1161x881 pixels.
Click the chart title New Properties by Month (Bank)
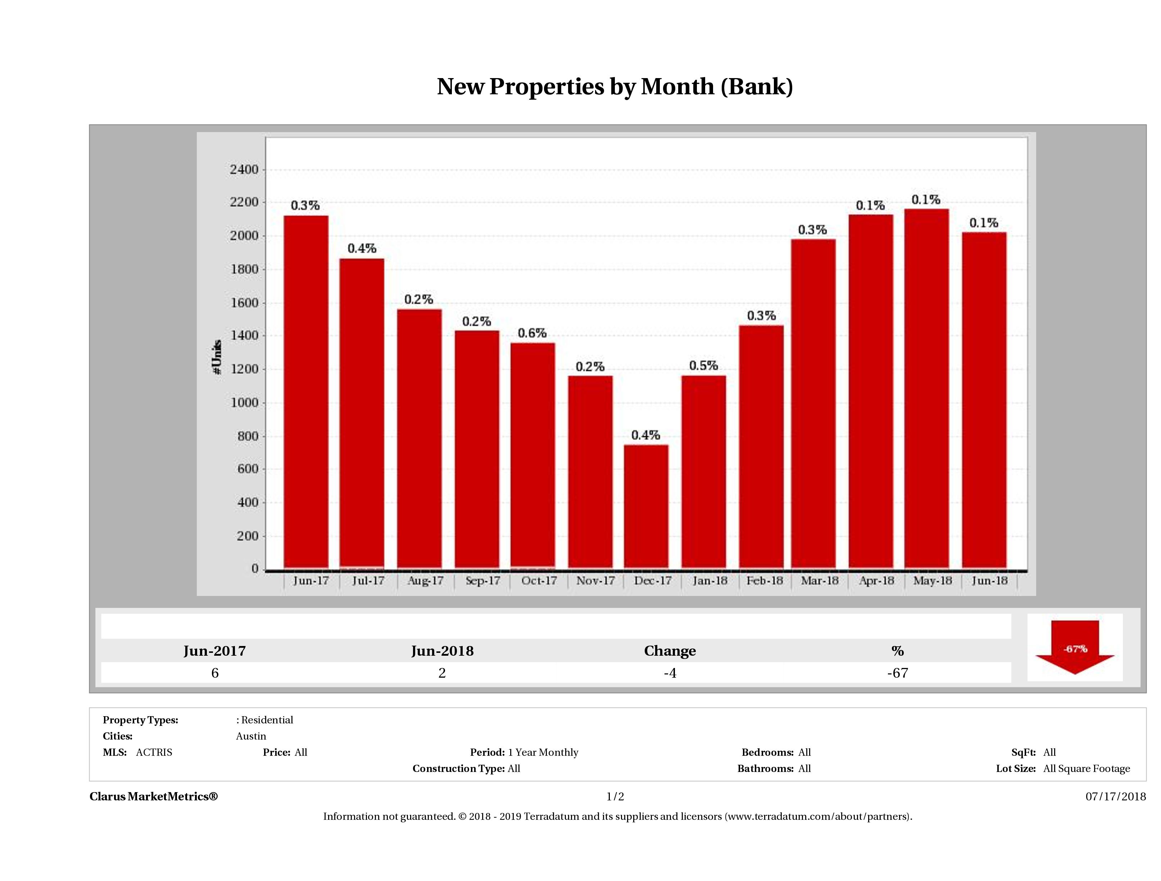coord(614,87)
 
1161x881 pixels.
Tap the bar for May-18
coord(926,389)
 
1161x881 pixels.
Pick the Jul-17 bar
coord(362,413)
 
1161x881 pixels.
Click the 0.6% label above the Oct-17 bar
coord(532,333)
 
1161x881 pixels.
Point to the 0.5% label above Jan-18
coord(703,365)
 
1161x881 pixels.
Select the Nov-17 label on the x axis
coord(595,581)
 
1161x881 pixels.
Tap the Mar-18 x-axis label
coord(819,581)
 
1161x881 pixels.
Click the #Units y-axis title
coord(217,357)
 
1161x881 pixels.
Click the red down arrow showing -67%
coord(1074,648)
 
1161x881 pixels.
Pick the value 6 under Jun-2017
coord(215,673)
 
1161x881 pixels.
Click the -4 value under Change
coord(670,673)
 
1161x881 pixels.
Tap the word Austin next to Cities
coord(251,736)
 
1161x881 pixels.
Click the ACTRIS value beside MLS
coord(154,753)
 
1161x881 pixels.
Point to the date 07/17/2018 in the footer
coord(1115,796)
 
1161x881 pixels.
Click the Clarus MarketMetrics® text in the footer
coord(153,796)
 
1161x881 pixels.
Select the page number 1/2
coord(615,796)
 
